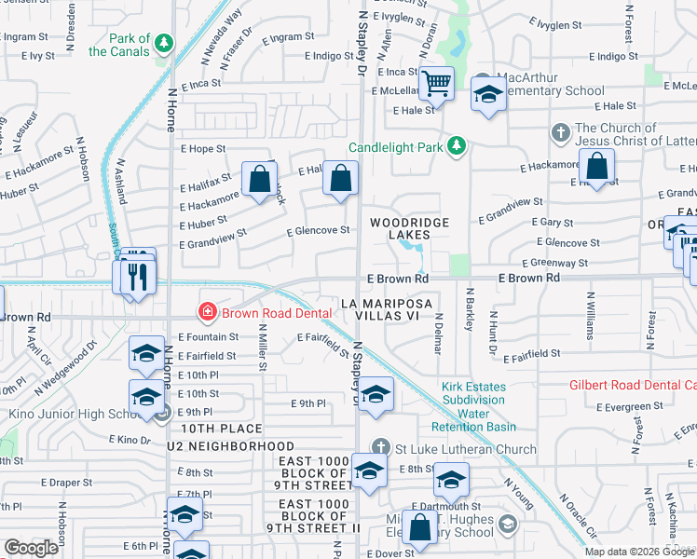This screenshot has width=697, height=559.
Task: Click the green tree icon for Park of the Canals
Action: click(164, 43)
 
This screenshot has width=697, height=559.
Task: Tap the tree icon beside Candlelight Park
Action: click(457, 146)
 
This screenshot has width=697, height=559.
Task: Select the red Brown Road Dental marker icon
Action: click(207, 312)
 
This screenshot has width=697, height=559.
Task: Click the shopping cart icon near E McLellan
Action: click(435, 84)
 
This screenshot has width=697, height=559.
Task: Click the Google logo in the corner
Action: click(32, 548)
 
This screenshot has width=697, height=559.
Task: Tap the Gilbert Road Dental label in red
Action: click(633, 385)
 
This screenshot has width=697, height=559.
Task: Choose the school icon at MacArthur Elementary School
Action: click(487, 94)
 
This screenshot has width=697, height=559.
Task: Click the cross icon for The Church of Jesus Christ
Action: click(561, 131)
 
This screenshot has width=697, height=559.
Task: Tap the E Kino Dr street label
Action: click(130, 438)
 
